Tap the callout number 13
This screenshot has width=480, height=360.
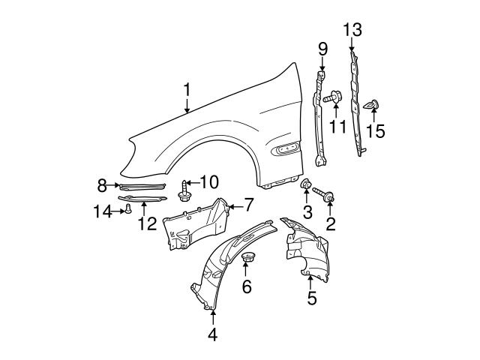[x=352, y=30]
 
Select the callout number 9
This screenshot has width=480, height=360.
[x=322, y=50]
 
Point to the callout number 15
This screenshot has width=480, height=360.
[x=375, y=131]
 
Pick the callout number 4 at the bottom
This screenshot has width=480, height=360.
[x=212, y=334]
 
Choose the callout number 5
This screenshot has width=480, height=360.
[x=312, y=298]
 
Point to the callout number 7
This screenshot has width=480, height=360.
[x=249, y=203]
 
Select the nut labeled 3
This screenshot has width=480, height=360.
[x=306, y=184]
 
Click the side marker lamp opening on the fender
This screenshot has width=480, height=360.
[x=286, y=151]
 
